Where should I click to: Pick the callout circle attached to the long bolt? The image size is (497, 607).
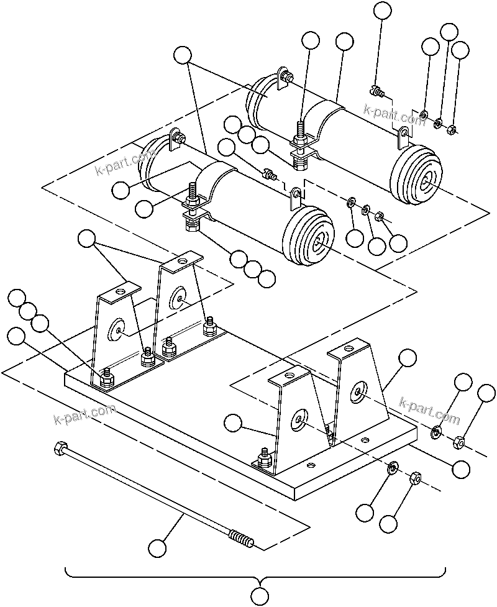coord(158,548)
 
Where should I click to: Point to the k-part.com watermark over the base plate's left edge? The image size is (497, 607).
coord(84,414)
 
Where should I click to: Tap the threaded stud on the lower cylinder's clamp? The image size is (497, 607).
coord(193,194)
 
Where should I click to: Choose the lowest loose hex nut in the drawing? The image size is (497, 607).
coord(415,479)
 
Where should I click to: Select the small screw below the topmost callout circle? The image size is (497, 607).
coord(375,90)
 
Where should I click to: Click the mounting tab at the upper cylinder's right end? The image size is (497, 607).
coord(404,132)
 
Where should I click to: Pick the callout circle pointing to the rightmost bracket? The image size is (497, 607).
coord(408,358)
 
